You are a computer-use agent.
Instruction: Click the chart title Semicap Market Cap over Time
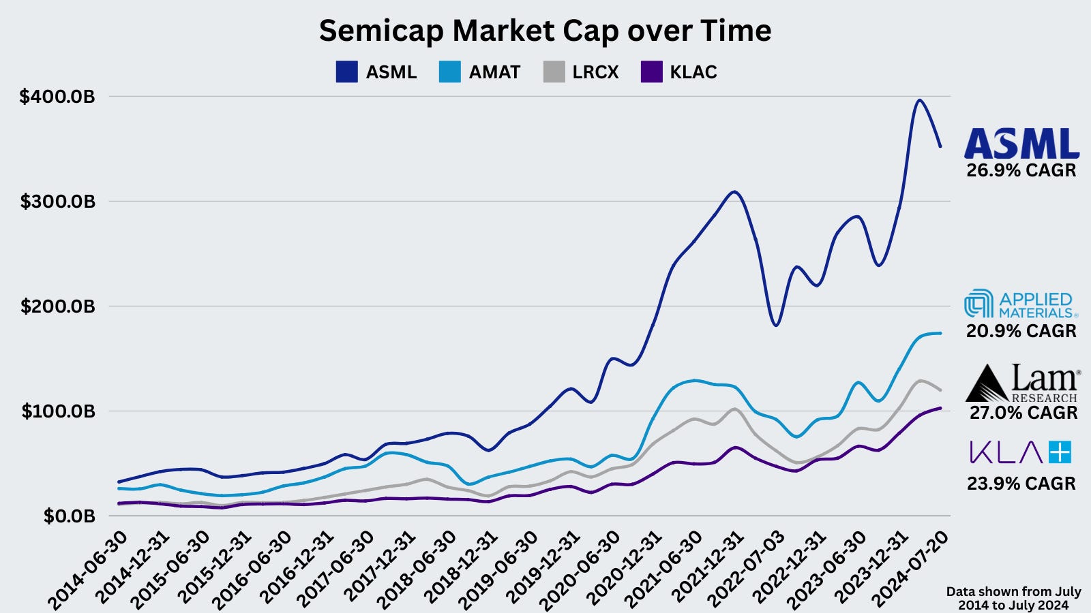click(545, 31)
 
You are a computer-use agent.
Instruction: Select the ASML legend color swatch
click(346, 72)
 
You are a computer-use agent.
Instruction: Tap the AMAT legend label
click(494, 72)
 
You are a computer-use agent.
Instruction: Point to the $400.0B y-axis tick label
click(57, 97)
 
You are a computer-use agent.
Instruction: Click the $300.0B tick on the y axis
click(57, 202)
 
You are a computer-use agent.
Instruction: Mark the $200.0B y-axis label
click(57, 306)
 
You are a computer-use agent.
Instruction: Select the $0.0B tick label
click(69, 516)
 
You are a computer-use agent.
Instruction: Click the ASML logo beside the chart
click(1021, 143)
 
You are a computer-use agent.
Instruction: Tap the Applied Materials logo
click(1021, 304)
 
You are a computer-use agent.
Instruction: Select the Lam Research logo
click(1022, 383)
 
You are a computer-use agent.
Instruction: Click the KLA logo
click(1021, 452)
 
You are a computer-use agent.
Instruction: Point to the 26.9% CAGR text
click(1021, 170)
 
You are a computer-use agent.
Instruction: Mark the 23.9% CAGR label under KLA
click(1021, 484)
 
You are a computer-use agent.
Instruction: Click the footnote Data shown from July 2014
click(1013, 598)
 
